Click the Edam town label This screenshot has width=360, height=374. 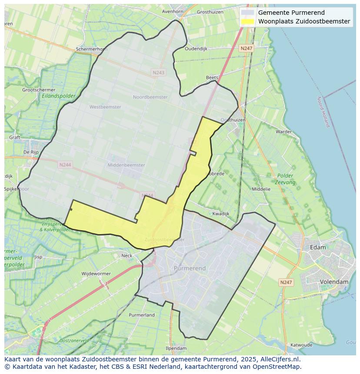318,247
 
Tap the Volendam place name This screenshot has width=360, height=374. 334,282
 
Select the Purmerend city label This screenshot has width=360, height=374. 190,268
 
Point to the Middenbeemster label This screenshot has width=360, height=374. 126,165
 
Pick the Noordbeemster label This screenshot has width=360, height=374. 150,97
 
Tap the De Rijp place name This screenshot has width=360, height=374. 31,152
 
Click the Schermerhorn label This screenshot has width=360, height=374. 91,50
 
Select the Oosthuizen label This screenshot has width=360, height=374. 233,120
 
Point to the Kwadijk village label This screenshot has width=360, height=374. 220,214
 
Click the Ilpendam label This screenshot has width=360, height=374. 176,348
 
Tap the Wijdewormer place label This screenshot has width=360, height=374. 96,274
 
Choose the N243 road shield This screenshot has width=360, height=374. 159,73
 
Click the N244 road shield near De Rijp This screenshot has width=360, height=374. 65,165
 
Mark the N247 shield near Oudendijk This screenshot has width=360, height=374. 247,49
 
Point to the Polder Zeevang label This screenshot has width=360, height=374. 285,179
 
